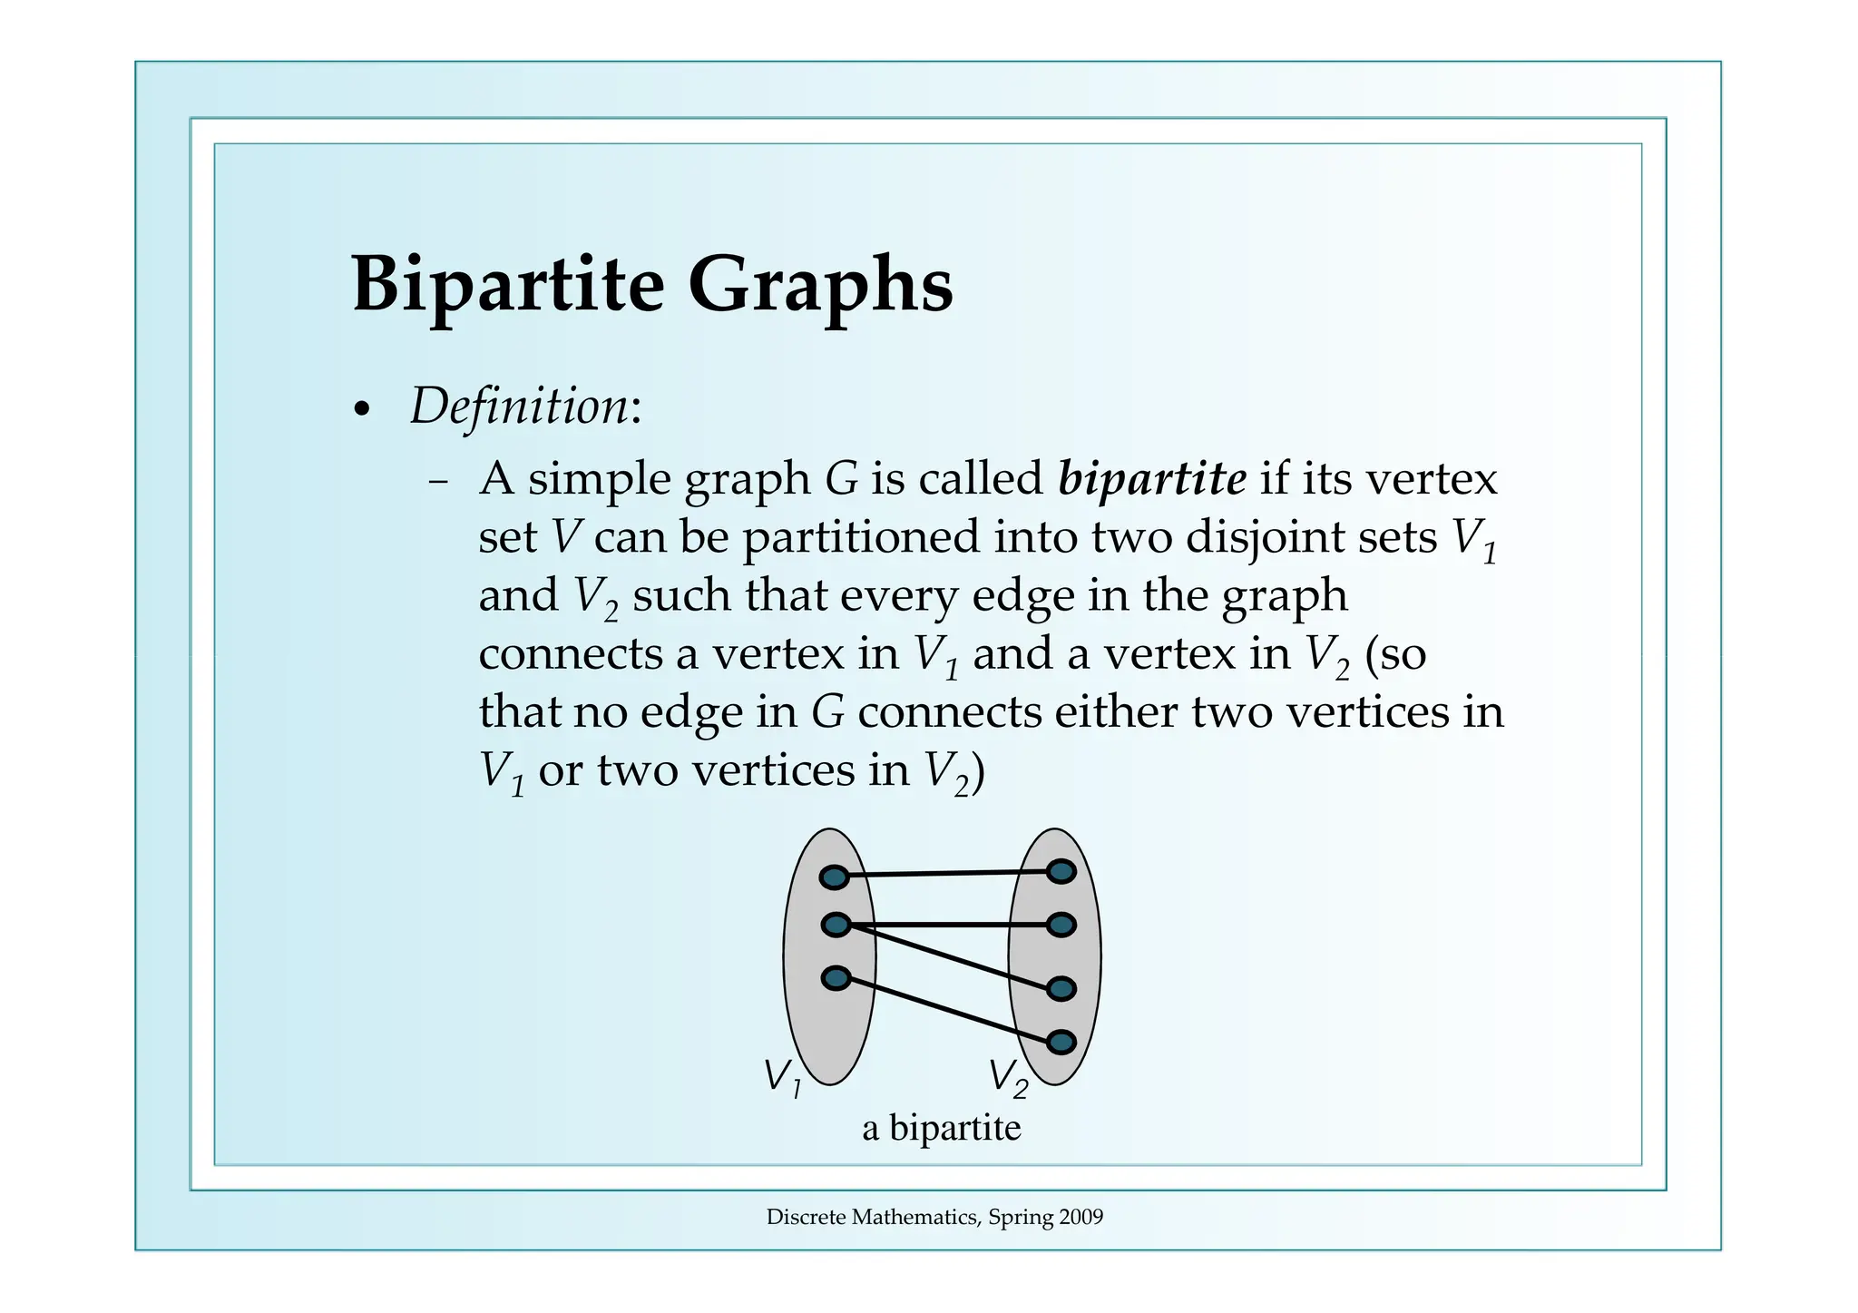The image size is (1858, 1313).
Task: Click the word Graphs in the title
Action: click(820, 284)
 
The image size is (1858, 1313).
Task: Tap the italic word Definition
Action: click(519, 407)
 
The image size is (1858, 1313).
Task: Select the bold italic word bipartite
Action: click(1151, 478)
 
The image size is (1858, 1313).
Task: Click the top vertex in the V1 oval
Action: click(834, 877)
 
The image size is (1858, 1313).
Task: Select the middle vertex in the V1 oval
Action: click(836, 925)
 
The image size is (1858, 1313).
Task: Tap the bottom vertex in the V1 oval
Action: click(836, 978)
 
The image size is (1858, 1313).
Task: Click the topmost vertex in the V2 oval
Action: click(1061, 871)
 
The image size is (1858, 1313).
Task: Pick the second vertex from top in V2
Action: click(1061, 925)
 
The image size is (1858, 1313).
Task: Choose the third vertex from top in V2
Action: click(1061, 988)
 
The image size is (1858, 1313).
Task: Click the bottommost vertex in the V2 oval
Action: click(1061, 1042)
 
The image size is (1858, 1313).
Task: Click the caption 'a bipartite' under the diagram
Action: click(941, 1128)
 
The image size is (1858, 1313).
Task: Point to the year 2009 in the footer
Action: click(1081, 1217)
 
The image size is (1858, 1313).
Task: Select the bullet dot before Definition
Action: click(362, 410)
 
